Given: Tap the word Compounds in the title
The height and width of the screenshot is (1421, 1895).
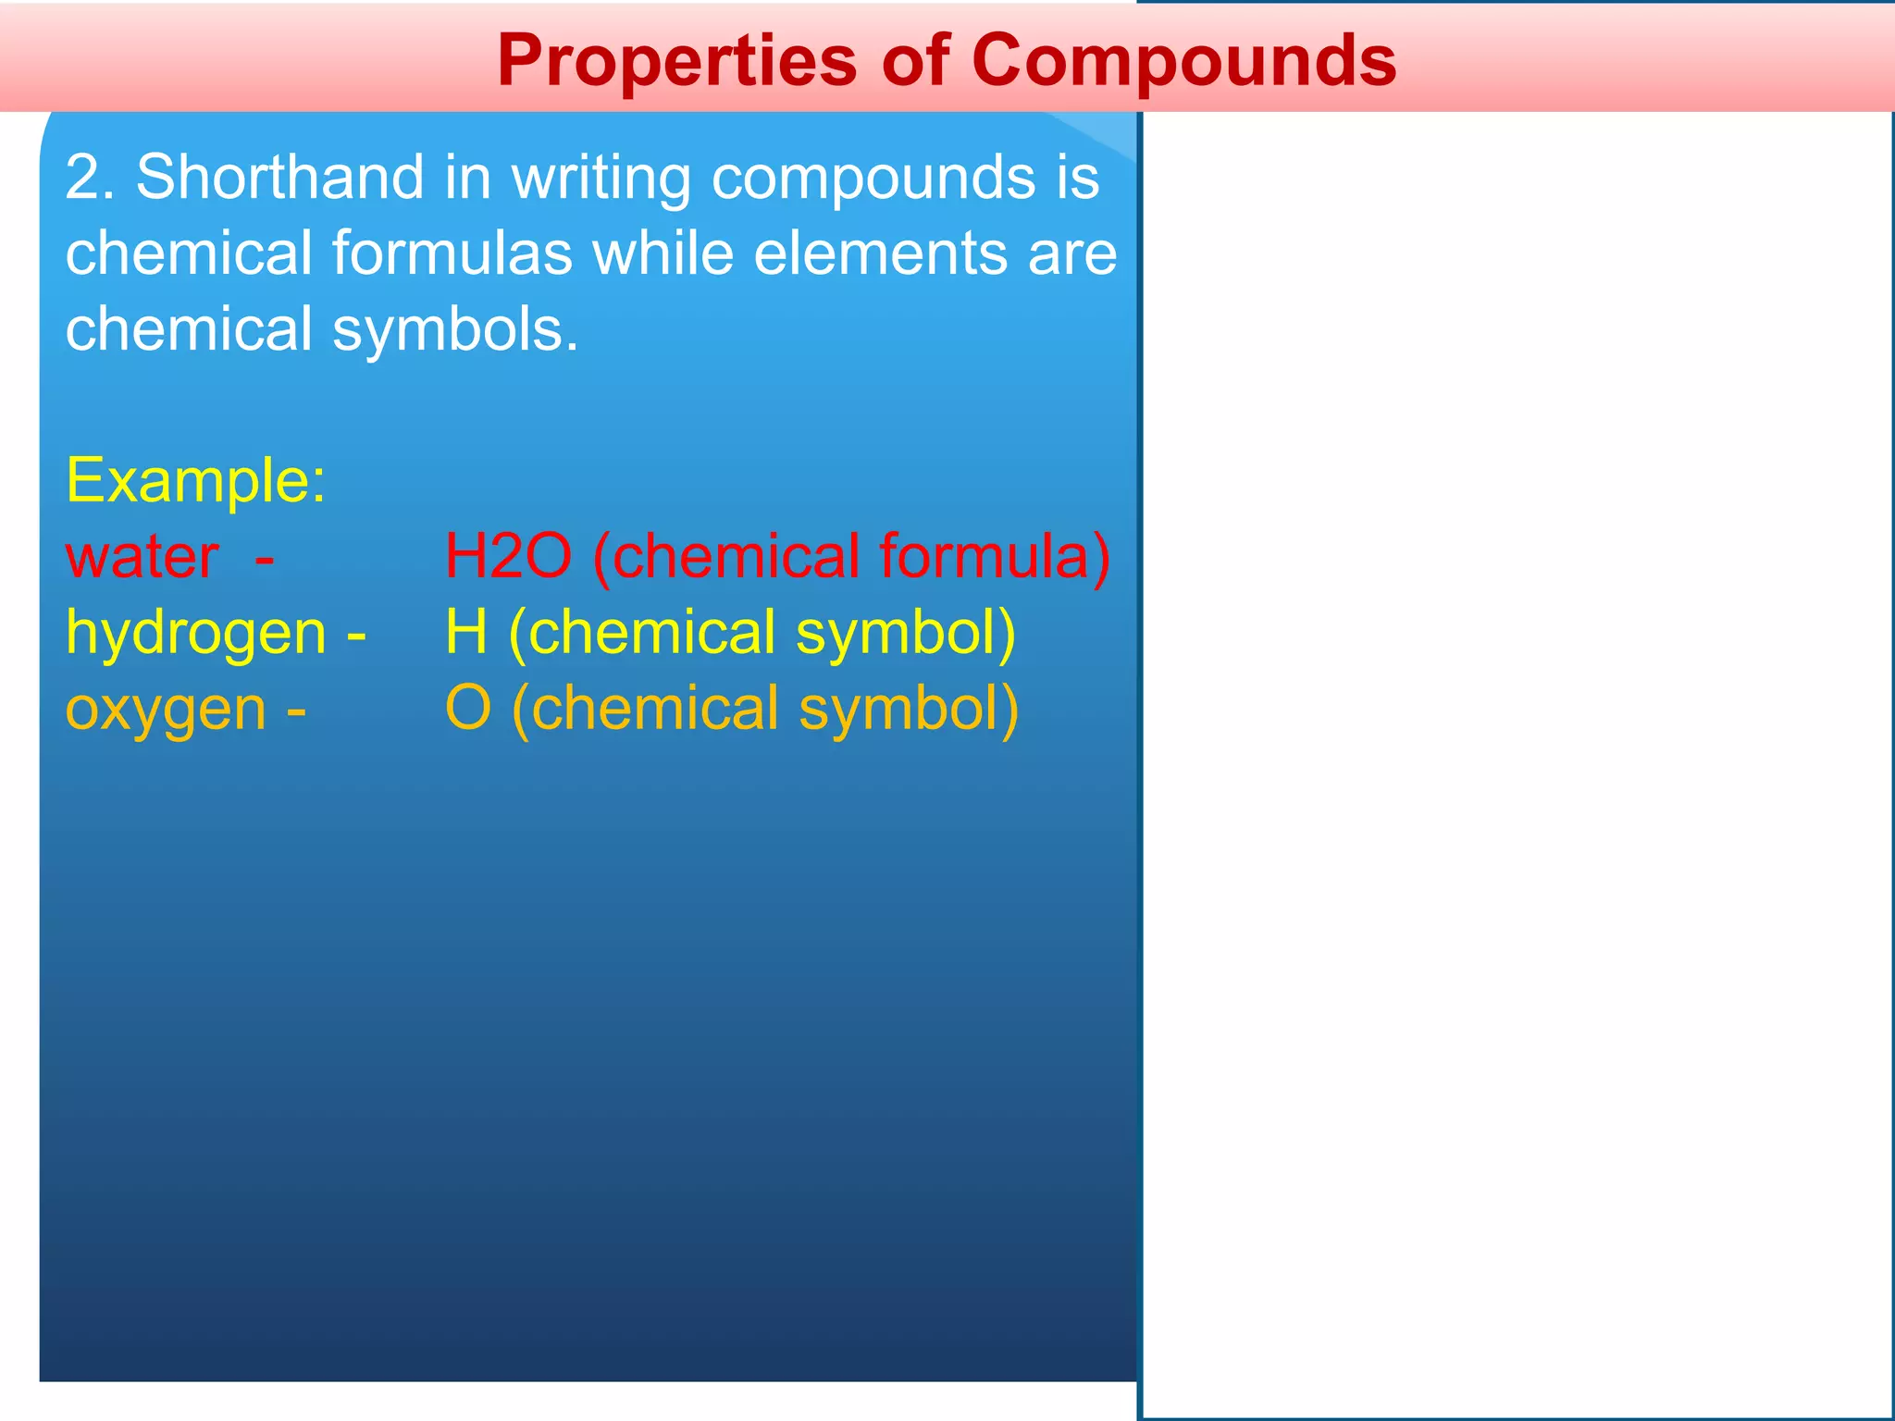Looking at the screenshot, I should point(1183,61).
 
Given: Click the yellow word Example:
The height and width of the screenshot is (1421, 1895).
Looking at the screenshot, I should point(195,480).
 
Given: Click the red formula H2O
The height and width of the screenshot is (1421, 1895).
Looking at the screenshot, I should point(508,557).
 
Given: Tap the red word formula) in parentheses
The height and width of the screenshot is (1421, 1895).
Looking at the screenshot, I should point(995,557).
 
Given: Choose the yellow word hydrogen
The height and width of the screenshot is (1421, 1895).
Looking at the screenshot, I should point(195,635).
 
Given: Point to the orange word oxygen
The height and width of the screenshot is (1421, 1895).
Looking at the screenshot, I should point(166,710).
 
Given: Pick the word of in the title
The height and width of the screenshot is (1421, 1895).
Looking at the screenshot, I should point(915,61).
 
